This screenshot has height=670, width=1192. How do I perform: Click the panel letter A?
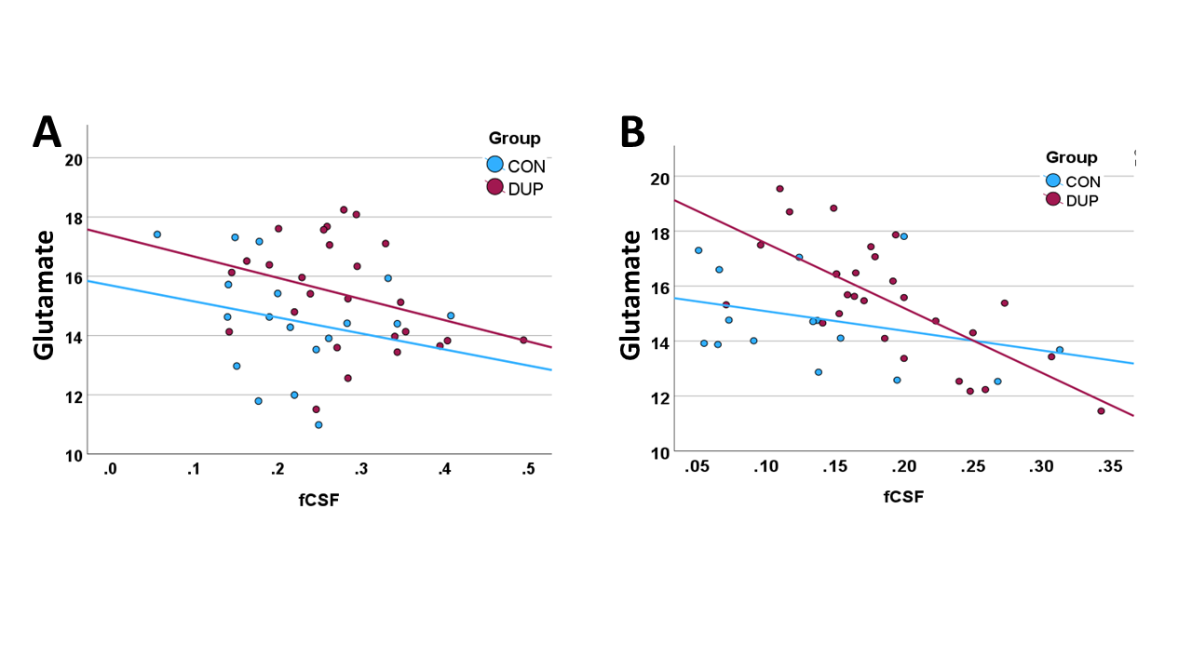(47, 132)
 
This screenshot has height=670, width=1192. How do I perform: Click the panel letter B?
(632, 132)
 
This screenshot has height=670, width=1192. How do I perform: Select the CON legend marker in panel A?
(494, 165)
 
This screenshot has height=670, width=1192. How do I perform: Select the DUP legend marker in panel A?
(494, 187)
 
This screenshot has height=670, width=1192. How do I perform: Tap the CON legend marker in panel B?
(1052, 181)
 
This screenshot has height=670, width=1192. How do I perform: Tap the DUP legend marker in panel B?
(1052, 199)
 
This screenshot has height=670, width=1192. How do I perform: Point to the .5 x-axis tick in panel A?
(527, 469)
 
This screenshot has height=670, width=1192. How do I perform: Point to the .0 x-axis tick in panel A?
(110, 469)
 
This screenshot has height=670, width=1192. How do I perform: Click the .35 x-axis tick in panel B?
(1109, 466)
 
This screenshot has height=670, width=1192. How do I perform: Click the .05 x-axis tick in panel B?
(697, 466)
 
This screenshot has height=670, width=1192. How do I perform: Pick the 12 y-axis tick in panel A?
(74, 396)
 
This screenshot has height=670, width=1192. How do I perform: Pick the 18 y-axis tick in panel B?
(660, 234)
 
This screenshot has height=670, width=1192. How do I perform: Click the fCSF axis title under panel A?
(318, 500)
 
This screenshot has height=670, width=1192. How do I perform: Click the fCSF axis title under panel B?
(903, 497)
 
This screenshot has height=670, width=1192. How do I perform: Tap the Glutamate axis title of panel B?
(630, 295)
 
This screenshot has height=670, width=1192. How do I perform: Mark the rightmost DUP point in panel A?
(523, 340)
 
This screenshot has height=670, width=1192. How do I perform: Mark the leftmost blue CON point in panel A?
(157, 234)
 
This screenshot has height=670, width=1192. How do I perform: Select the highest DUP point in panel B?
(779, 189)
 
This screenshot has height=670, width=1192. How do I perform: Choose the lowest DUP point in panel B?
(1101, 411)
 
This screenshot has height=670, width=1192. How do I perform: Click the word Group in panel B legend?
(1071, 157)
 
